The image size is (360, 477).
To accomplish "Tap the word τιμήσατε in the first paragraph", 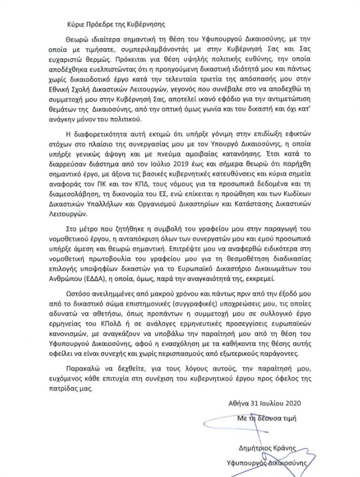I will tap(94, 47).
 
